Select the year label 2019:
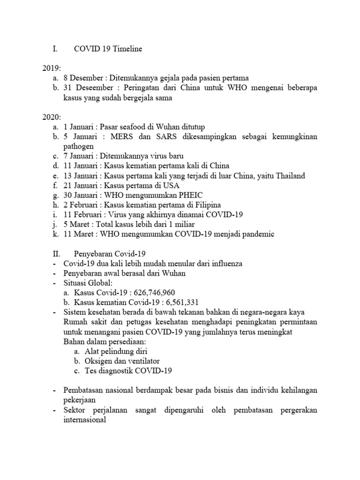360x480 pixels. [51, 68]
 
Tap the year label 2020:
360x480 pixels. [51, 117]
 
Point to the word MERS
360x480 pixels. [120, 136]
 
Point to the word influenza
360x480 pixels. [223, 263]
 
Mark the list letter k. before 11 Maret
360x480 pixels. [56, 234]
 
